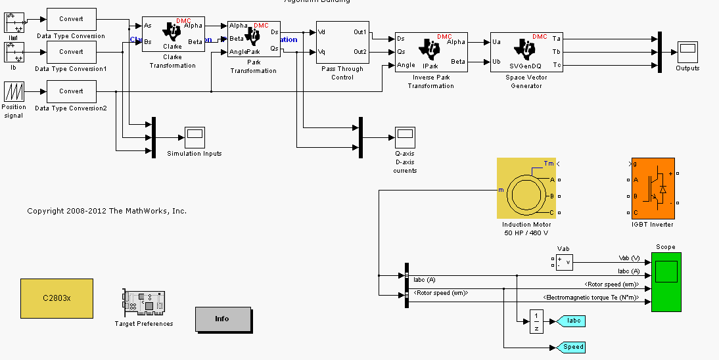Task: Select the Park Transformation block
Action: [x=254, y=39]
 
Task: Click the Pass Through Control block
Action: [x=342, y=42]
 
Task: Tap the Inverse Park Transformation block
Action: [x=430, y=52]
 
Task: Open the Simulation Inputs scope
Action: [x=195, y=137]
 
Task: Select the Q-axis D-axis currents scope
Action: [x=405, y=137]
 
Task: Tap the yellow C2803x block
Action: [x=57, y=298]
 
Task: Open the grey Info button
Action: [x=223, y=319]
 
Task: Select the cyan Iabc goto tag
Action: [x=570, y=321]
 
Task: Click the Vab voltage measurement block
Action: [x=563, y=262]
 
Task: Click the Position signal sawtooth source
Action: [x=14, y=91]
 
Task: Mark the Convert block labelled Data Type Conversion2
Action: [x=71, y=91]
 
